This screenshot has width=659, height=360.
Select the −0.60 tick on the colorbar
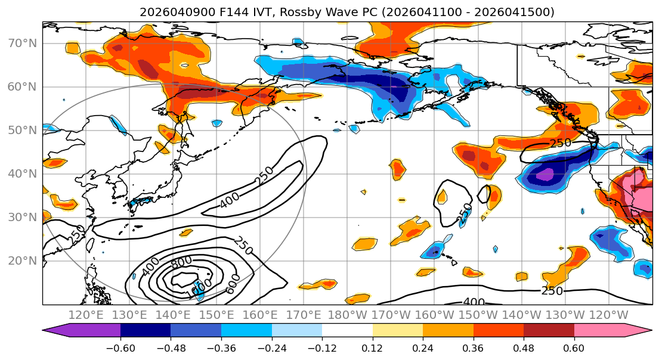pos(120,346)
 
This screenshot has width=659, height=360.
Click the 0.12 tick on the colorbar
pos(373,346)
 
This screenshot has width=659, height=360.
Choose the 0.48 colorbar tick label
pos(524,346)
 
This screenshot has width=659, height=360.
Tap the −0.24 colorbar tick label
pos(272,346)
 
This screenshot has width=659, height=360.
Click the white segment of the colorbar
pos(347,330)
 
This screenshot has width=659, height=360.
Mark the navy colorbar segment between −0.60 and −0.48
pos(146,330)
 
